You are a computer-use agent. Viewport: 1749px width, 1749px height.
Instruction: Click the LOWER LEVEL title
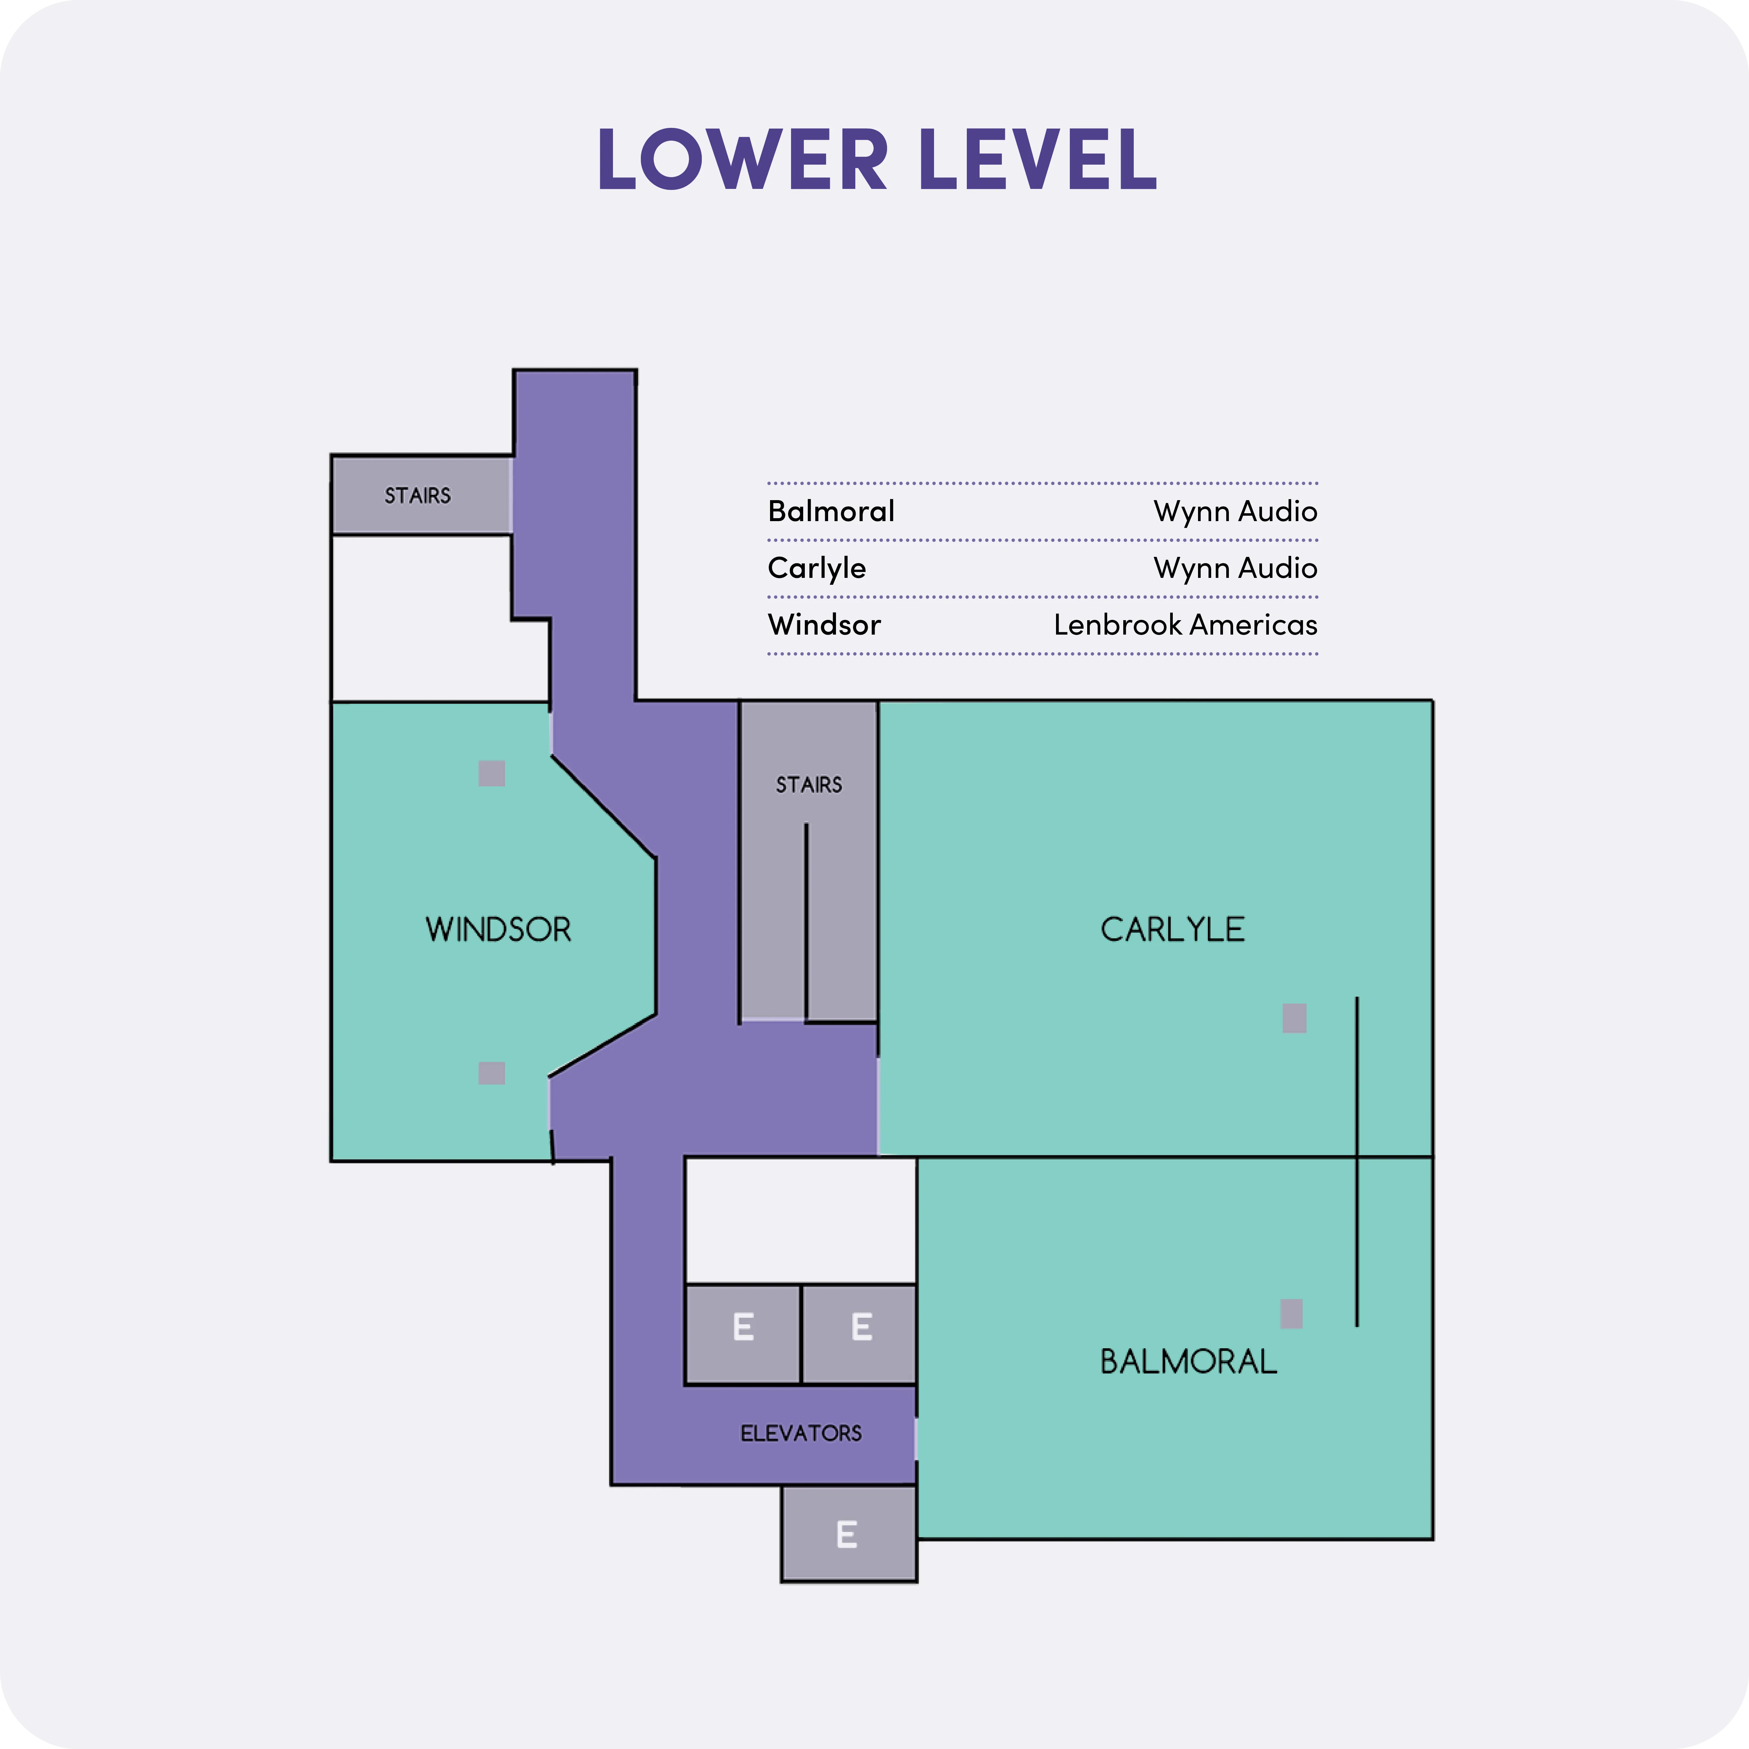point(876,159)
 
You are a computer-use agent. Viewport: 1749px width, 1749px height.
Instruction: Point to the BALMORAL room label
point(1188,1362)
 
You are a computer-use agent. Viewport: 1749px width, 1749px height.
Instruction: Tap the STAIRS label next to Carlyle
point(808,785)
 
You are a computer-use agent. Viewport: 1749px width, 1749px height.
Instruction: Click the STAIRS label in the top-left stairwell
point(417,496)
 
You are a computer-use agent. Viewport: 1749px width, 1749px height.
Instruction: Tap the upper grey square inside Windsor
point(492,773)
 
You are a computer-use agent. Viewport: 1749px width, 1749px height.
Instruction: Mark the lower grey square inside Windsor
point(492,1073)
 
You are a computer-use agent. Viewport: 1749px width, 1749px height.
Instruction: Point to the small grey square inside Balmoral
point(1292,1313)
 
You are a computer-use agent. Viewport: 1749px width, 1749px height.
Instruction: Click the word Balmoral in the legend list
point(831,512)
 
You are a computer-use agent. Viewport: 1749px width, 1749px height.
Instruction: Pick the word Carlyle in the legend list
point(817,569)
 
